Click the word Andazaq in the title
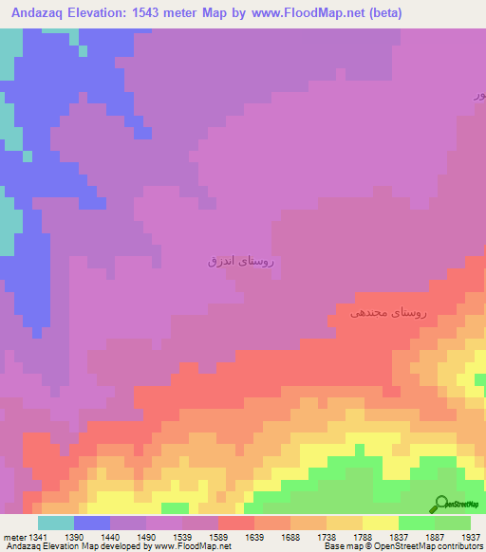pos(37,13)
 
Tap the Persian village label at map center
pos(246,259)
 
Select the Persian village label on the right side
pos(389,311)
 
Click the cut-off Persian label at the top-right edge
pos(479,95)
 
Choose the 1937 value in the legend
pos(471,537)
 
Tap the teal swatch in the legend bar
pos(56,523)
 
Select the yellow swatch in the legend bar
pos(380,523)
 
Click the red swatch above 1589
pos(235,523)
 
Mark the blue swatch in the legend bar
pos(92,523)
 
